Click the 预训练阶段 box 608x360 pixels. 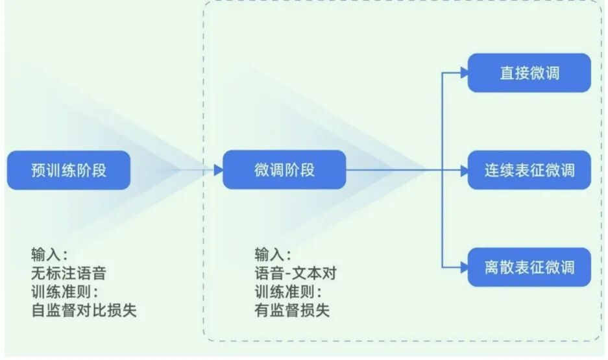(x=69, y=170)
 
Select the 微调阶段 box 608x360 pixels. (x=284, y=170)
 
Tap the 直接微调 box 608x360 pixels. (x=529, y=73)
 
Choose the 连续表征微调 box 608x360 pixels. (x=529, y=170)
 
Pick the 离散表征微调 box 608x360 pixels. (x=529, y=267)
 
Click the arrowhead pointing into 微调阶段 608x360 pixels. (x=219, y=170)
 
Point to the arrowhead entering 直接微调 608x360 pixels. (x=464, y=73)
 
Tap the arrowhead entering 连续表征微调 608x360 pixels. (x=464, y=170)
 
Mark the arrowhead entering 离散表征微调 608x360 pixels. (x=464, y=267)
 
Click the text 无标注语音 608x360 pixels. (x=69, y=272)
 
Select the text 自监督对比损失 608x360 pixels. (x=84, y=310)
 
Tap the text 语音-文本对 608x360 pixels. (x=296, y=272)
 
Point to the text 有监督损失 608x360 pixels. (x=293, y=310)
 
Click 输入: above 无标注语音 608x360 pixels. (x=49, y=254)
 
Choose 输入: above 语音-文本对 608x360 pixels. (x=273, y=254)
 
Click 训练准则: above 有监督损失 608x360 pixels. (x=288, y=291)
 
